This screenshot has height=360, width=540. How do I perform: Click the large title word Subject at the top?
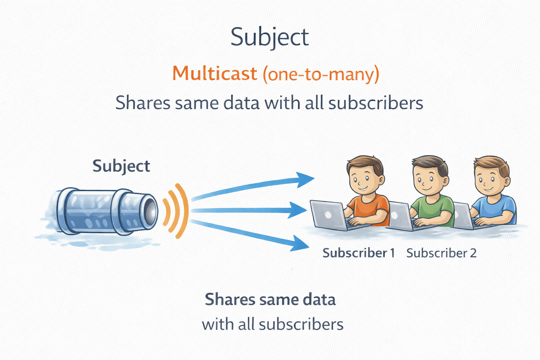tap(270, 37)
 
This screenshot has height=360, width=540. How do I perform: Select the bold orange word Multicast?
tap(214, 73)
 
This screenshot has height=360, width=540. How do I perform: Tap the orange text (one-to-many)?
tap(321, 74)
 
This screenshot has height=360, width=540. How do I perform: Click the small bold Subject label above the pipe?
tap(121, 166)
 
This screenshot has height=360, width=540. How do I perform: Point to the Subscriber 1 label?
tap(359, 253)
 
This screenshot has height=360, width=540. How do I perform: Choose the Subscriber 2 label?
tap(441, 253)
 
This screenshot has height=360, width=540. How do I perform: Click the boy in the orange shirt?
tap(367, 193)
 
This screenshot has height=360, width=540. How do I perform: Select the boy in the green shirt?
tap(431, 193)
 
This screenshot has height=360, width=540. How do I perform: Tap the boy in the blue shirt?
tap(492, 193)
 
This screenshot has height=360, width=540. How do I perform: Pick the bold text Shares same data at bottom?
tap(270, 300)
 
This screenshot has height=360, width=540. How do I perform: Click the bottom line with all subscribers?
tap(272, 324)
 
